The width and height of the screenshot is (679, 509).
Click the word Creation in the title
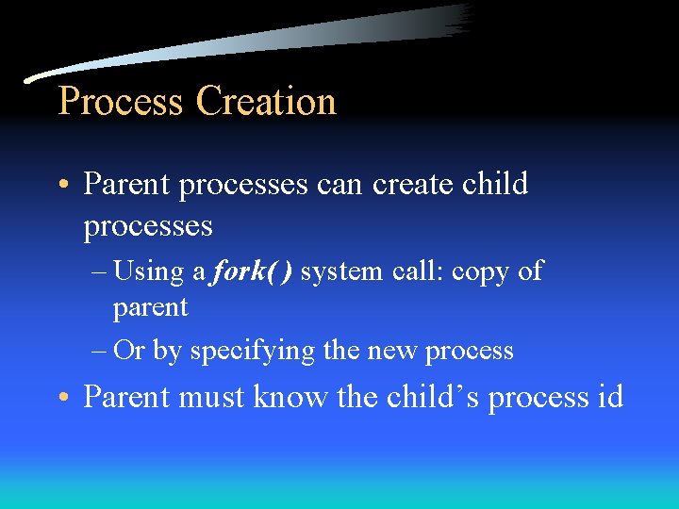coord(266,101)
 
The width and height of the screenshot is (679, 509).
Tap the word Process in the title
coord(122,101)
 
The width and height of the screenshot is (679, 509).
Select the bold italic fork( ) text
coord(254,271)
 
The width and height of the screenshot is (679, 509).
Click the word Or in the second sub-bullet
coord(128,351)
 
